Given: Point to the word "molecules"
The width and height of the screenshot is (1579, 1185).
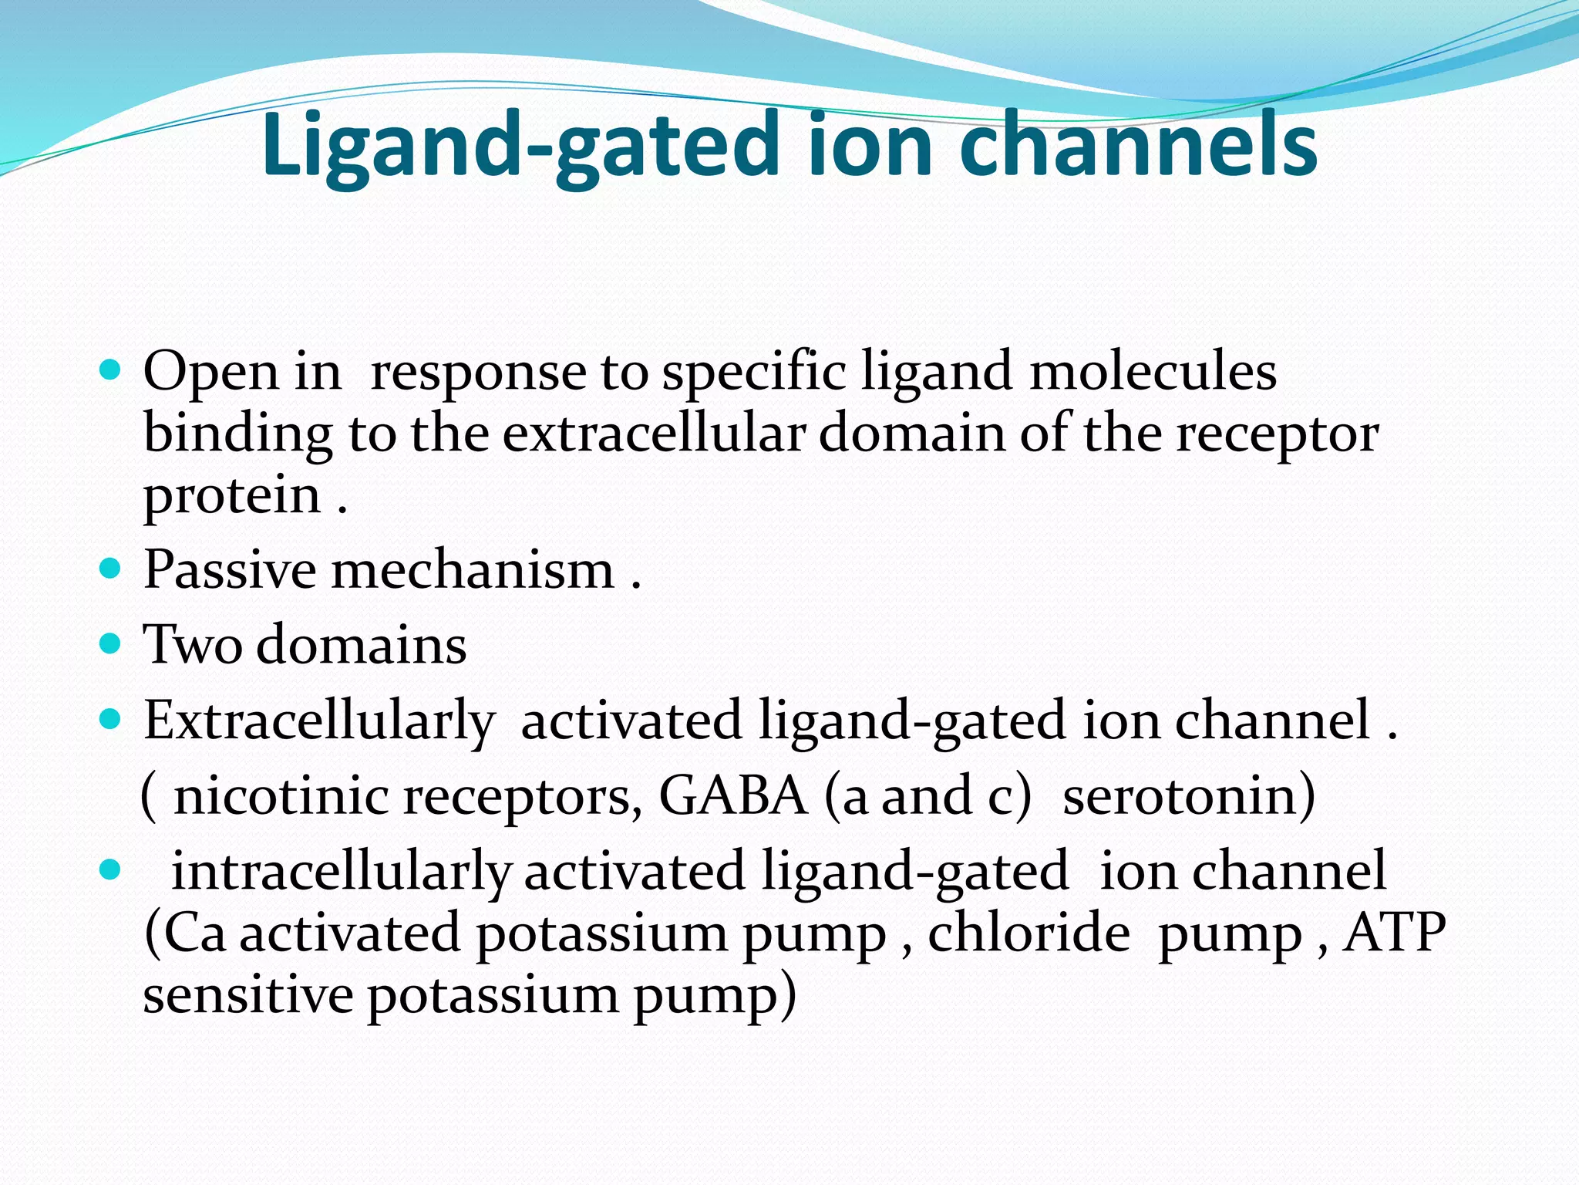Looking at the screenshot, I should [1153, 371].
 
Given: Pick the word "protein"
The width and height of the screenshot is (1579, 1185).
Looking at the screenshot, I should [231, 497].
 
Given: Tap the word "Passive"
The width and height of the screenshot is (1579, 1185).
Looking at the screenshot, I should [230, 570].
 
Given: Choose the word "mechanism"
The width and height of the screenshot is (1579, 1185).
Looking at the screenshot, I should [473, 570].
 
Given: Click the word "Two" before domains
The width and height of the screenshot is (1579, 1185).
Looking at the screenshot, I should [192, 645].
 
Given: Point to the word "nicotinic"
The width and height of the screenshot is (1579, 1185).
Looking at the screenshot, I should [281, 796].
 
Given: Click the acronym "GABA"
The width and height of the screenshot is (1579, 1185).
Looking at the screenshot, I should [732, 796].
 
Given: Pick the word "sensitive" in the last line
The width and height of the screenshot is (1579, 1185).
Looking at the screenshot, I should [247, 995].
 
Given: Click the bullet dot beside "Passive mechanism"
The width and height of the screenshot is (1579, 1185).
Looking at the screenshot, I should [111, 569].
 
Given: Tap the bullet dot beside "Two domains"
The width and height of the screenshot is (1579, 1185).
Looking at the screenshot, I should [111, 643].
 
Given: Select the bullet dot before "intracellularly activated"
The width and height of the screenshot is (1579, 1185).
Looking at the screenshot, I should [111, 870].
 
